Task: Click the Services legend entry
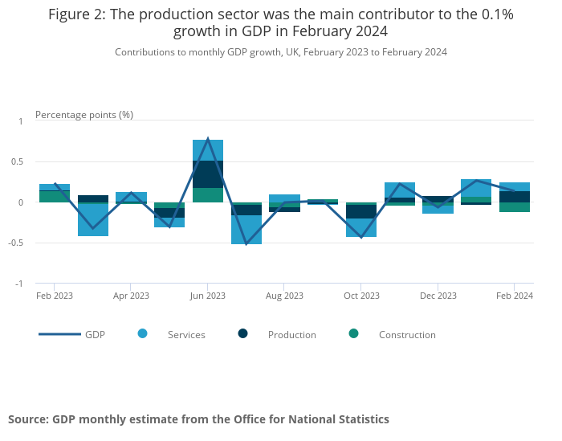click(185, 334)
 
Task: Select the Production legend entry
click(291, 334)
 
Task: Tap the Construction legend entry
click(407, 334)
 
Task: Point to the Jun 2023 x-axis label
click(208, 296)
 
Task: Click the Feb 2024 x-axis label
click(515, 296)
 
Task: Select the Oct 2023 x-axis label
click(361, 296)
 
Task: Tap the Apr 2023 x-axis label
click(131, 296)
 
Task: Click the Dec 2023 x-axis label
click(438, 296)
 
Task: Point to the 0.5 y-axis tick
click(21, 161)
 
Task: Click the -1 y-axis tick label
click(22, 284)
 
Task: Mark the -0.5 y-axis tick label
click(19, 243)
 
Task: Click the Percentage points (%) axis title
click(84, 114)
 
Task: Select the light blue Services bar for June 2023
click(208, 150)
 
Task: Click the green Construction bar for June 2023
click(208, 195)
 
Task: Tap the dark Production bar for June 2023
click(208, 174)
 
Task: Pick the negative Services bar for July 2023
click(246, 230)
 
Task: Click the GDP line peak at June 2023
click(208, 139)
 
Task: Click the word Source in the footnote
click(27, 419)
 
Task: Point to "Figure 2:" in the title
click(78, 14)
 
